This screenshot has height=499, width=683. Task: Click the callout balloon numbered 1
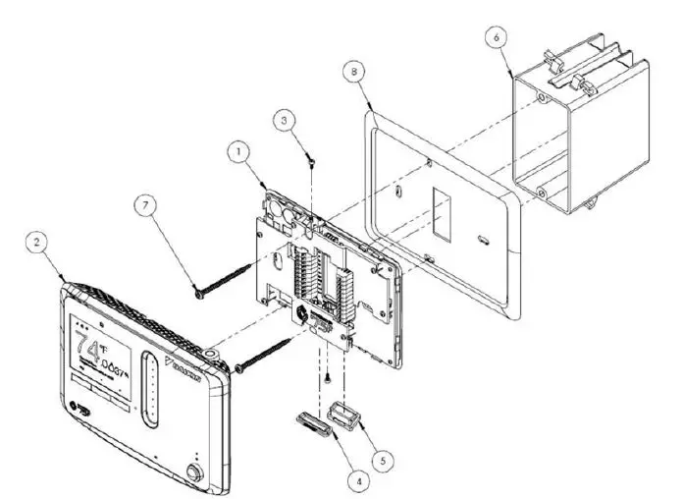[236, 152]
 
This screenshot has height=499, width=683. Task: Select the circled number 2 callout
[35, 241]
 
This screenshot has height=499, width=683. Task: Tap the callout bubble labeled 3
[283, 120]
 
